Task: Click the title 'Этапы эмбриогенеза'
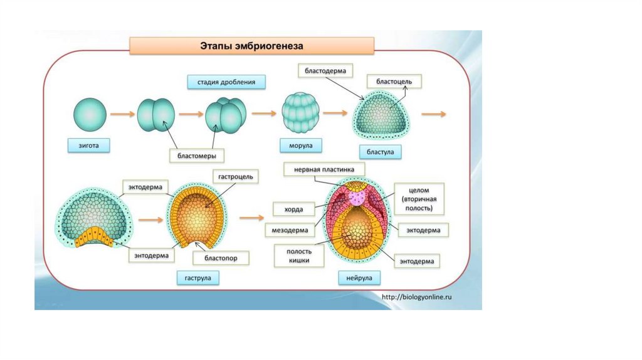(251, 46)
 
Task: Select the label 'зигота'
(89, 146)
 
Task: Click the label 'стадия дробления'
(226, 82)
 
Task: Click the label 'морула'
(301, 146)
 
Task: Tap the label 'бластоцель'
(394, 82)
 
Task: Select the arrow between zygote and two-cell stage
(122, 114)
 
